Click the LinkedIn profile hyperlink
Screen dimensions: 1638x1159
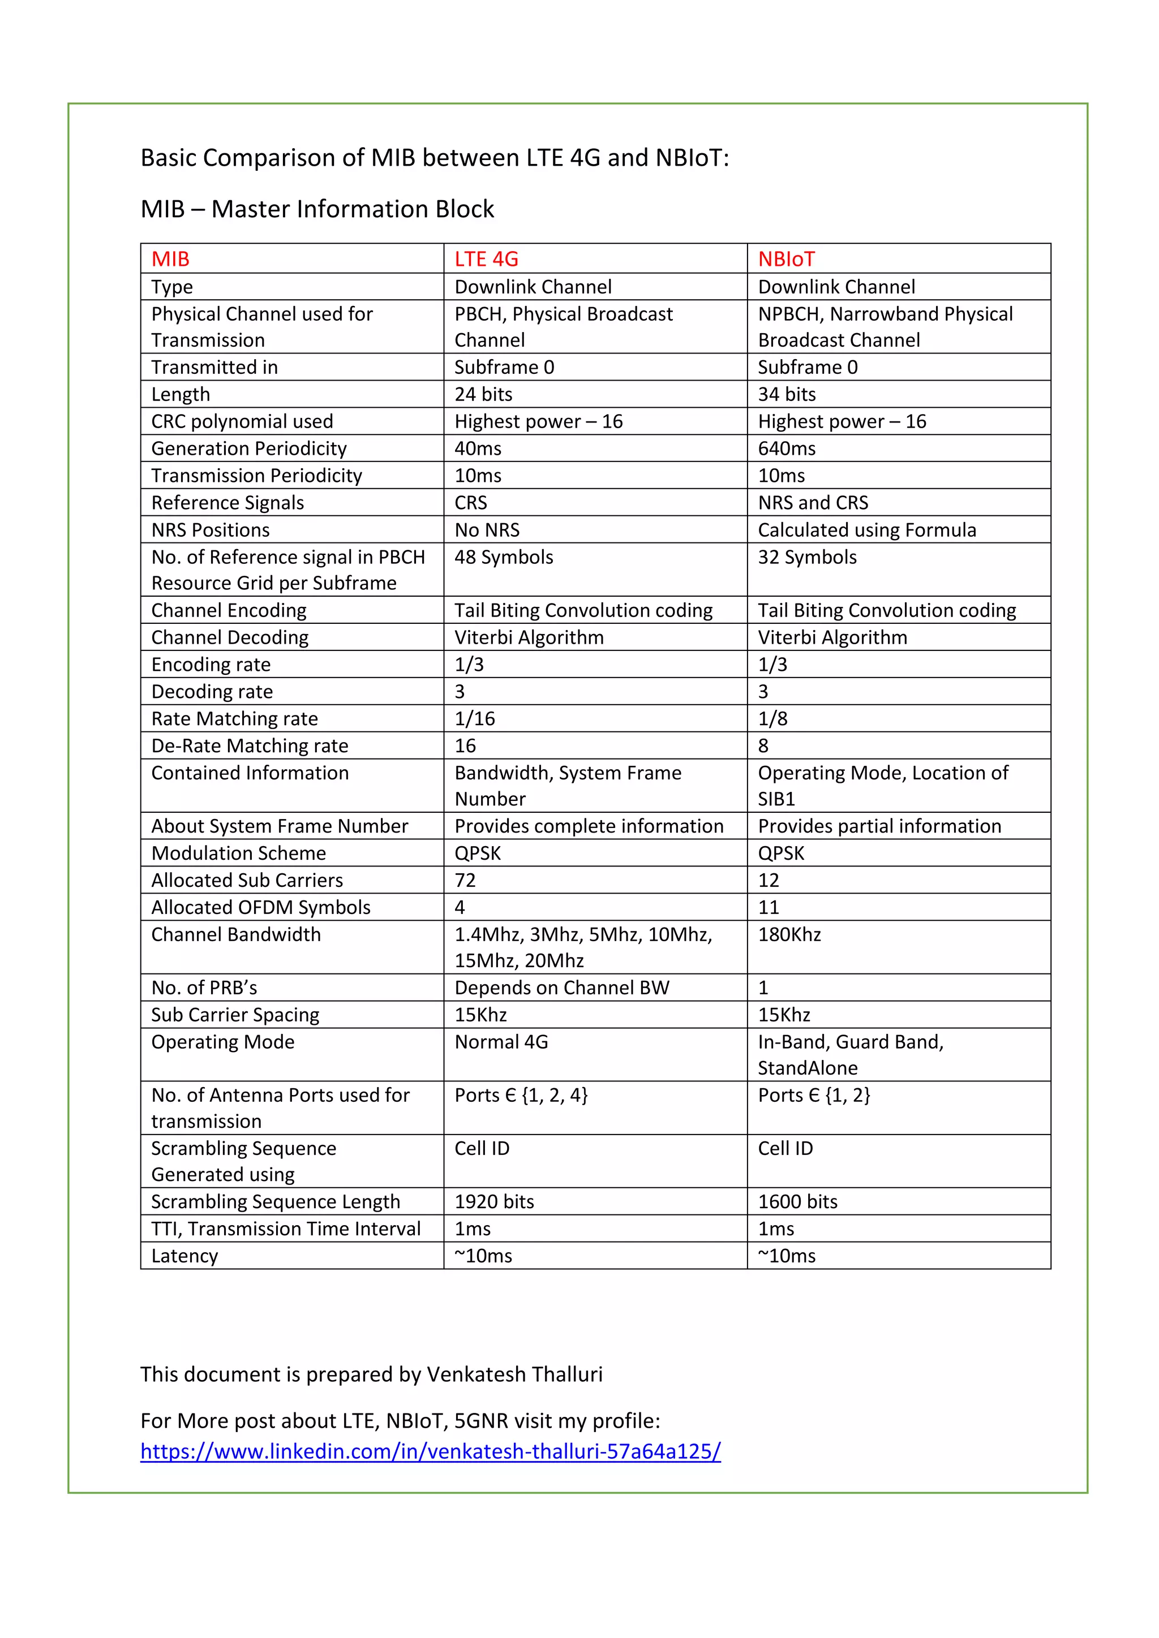click(x=430, y=1451)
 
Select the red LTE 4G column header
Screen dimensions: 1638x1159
click(x=486, y=259)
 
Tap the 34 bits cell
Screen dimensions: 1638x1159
click(x=787, y=395)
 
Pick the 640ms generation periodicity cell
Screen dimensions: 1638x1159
click(x=787, y=449)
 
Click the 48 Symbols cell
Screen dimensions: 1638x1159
click(x=504, y=557)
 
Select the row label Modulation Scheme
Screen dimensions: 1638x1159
click(x=238, y=854)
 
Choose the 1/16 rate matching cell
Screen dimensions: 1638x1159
click(x=475, y=718)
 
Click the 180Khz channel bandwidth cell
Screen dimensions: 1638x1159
click(x=789, y=934)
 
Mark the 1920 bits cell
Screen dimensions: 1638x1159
click(x=494, y=1202)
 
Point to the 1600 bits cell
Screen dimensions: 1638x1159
click(x=797, y=1202)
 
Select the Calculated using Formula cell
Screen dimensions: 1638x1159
click(x=866, y=530)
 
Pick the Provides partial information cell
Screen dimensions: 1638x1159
click(x=879, y=826)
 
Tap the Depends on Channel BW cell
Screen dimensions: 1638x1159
click(x=561, y=988)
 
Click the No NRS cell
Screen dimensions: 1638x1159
click(x=487, y=530)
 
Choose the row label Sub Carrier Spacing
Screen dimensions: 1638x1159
click(x=235, y=1015)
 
